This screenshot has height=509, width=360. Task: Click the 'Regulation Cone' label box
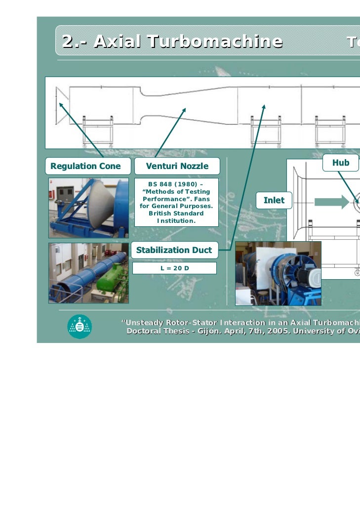pyautogui.click(x=86, y=167)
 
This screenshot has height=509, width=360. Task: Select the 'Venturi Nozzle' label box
pyautogui.click(x=177, y=167)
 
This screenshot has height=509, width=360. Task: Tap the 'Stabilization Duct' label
pyautogui.click(x=174, y=250)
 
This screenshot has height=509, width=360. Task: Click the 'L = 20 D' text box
pyautogui.click(x=175, y=268)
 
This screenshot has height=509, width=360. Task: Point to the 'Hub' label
pyautogui.click(x=340, y=163)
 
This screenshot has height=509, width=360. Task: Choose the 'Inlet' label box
pyautogui.click(x=274, y=200)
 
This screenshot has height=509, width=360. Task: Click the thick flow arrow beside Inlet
pyautogui.click(x=331, y=201)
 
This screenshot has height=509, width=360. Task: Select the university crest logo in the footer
pyautogui.click(x=80, y=326)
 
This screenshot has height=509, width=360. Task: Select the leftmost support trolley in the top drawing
pyautogui.click(x=97, y=131)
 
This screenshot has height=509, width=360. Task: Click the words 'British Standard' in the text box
pyautogui.click(x=176, y=213)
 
